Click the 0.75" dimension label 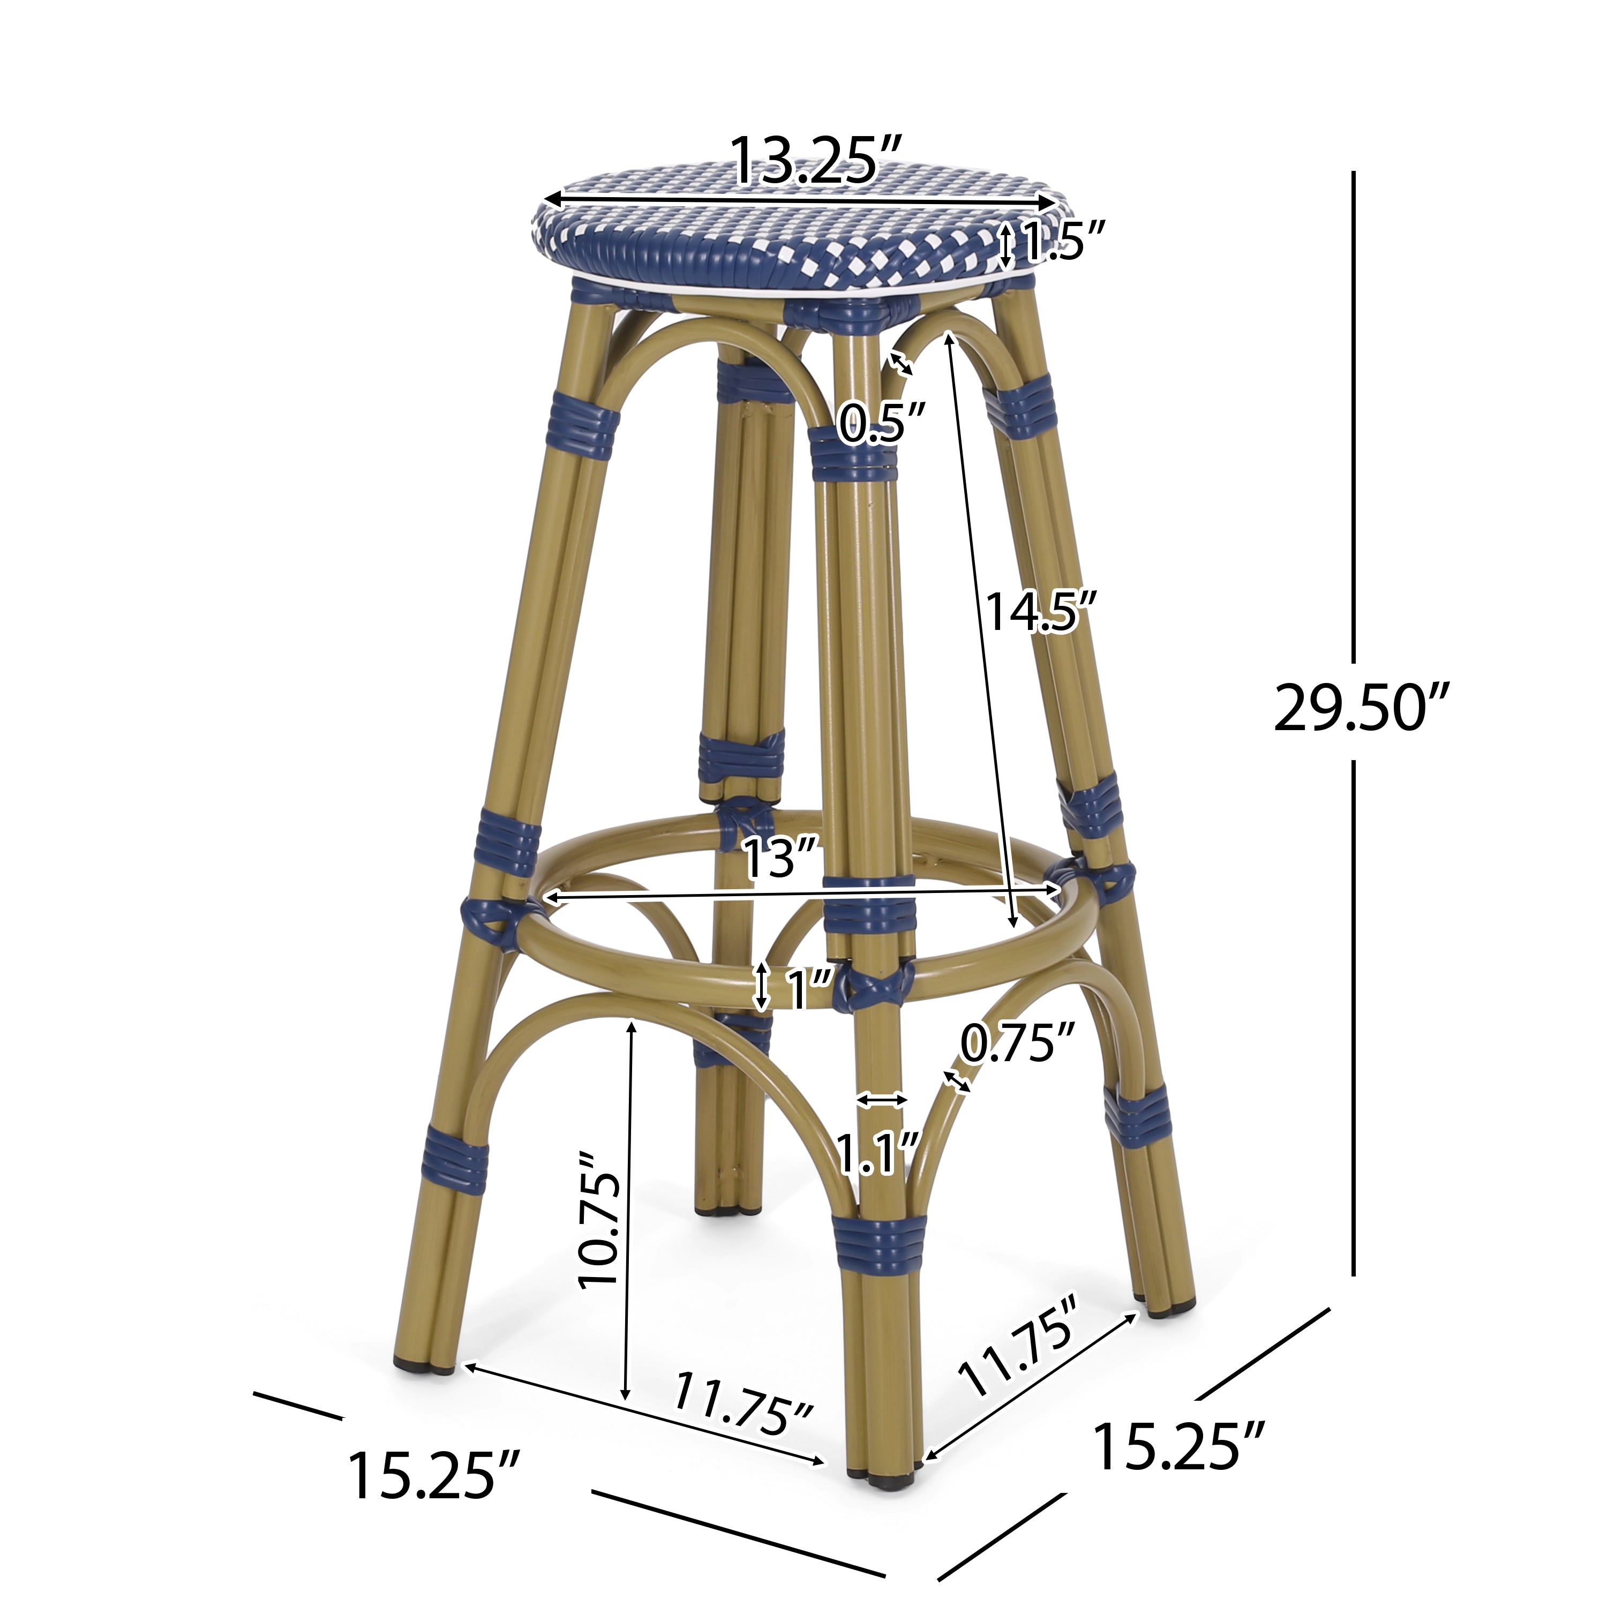[1018, 1045]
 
